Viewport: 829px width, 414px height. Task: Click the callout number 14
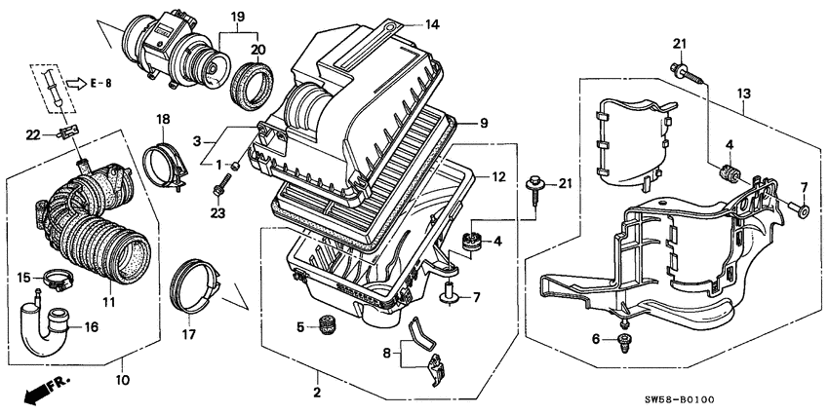pyautogui.click(x=432, y=22)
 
